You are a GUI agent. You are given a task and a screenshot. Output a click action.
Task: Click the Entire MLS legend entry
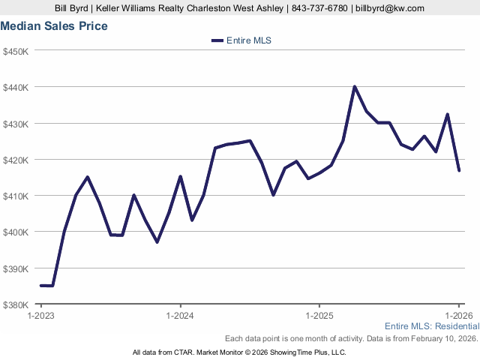[241, 40]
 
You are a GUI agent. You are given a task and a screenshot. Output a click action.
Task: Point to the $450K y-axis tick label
[16, 51]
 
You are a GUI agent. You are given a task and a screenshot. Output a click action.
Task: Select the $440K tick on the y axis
[16, 87]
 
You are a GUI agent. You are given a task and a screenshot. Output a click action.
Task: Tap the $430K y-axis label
[16, 123]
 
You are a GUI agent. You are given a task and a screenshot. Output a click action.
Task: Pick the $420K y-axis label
[16, 160]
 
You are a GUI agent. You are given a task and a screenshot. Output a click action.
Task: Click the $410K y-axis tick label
[16, 196]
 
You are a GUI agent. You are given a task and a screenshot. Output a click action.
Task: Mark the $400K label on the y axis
[16, 232]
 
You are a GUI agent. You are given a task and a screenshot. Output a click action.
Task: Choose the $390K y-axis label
[16, 268]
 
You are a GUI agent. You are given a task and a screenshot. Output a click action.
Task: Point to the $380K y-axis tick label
[16, 304]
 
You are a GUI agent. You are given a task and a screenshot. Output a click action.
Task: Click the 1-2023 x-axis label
[41, 316]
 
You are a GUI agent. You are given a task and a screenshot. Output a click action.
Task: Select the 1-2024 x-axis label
[180, 316]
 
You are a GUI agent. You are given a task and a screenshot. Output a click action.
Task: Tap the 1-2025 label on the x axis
[319, 316]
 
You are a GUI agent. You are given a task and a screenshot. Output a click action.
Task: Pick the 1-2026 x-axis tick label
[459, 316]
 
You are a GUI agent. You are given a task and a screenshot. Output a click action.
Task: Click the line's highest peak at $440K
[355, 87]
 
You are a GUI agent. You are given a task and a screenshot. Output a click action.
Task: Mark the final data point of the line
[459, 171]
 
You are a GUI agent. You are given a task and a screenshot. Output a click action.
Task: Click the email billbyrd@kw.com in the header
[388, 8]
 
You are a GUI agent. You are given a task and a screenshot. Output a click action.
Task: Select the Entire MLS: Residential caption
[432, 326]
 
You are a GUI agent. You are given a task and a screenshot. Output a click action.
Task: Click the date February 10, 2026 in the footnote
[442, 339]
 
